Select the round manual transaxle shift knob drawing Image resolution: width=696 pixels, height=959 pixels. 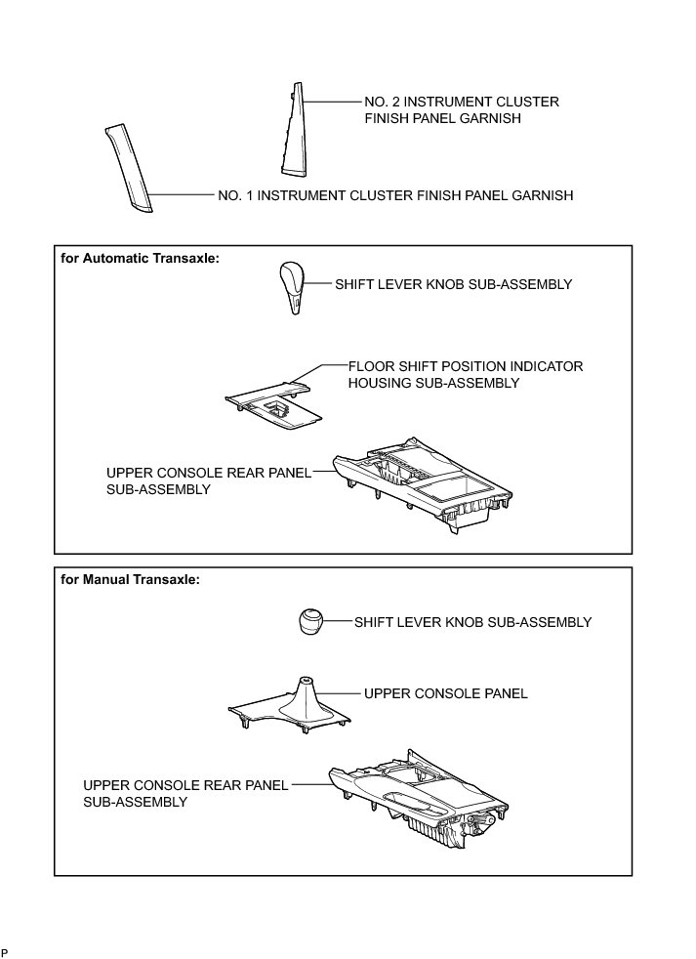click(308, 622)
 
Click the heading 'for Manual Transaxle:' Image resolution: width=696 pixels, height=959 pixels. click(130, 579)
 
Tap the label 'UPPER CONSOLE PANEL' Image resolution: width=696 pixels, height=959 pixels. click(445, 693)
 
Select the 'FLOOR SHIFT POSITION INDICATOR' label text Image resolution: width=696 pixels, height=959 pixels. click(466, 366)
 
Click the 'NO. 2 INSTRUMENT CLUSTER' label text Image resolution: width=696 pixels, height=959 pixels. click(461, 102)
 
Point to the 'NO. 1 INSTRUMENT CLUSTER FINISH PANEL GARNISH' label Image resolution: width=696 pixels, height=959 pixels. click(395, 195)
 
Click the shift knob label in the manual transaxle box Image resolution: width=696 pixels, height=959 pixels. click(472, 621)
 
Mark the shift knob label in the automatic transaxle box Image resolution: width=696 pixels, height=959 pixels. click(453, 284)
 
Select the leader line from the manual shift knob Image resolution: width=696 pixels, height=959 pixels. click(337, 621)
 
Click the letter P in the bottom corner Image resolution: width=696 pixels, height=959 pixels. click(5, 952)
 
